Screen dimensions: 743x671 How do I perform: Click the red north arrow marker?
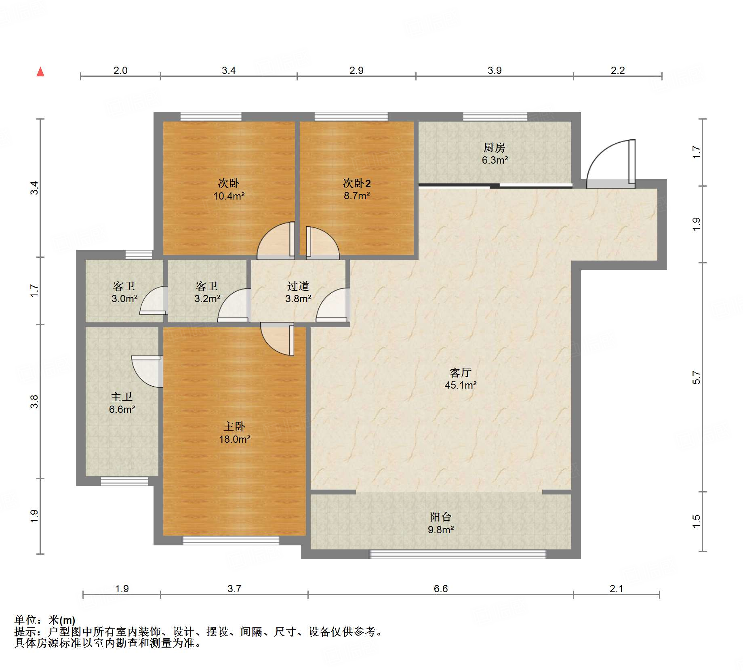40,72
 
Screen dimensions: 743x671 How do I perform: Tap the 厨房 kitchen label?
495,147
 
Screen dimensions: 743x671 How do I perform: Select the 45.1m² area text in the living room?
461,385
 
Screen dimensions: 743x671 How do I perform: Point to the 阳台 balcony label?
440,517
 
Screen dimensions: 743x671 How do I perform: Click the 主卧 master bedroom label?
234,426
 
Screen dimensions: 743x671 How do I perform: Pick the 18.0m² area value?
234,439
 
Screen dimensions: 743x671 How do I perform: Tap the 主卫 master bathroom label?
122,397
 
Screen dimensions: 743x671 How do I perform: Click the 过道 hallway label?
298,286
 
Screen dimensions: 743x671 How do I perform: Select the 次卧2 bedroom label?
357,183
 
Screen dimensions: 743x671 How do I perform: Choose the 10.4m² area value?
229,196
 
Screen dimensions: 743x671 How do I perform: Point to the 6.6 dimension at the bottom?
441,589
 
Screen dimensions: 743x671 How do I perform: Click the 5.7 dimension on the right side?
696,377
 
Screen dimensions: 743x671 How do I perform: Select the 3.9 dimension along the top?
495,70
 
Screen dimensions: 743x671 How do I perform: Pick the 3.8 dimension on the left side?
34,402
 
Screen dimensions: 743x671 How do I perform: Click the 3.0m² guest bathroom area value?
124,299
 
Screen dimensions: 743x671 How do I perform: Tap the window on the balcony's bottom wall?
458,554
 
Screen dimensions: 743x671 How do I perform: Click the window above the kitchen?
495,117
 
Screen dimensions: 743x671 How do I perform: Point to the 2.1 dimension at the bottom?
617,589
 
